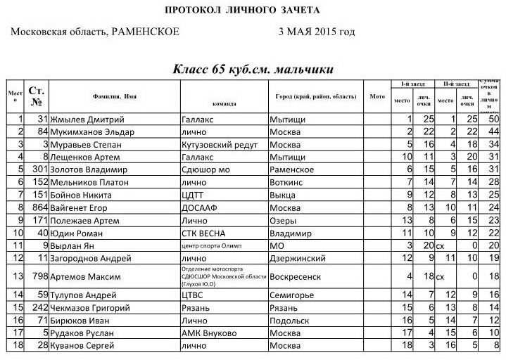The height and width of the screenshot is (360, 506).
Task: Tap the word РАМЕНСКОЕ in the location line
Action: [145, 32]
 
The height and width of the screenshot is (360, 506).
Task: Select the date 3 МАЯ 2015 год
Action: [316, 32]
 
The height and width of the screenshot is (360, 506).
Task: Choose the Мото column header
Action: [377, 96]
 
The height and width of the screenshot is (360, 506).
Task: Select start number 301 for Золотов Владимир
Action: [39, 169]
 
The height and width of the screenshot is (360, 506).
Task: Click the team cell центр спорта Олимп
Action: [215, 245]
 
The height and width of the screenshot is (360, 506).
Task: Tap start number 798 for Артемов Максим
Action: [39, 276]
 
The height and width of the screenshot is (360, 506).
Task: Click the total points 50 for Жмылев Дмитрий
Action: [493, 120]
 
